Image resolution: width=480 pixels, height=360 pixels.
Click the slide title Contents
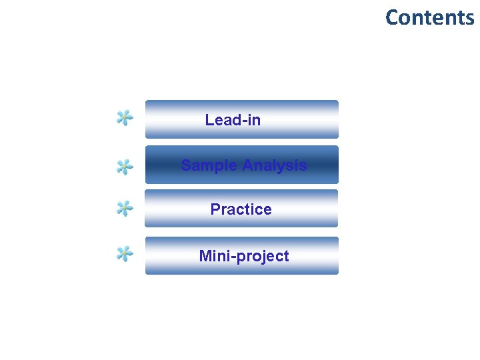(x=429, y=17)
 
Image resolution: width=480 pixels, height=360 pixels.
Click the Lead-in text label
(x=233, y=120)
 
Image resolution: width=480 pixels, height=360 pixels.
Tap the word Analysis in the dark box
(x=275, y=165)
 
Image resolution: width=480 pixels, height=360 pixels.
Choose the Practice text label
(x=241, y=209)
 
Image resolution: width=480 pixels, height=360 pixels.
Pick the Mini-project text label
(x=244, y=256)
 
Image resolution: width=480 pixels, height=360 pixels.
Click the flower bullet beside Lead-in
(x=124, y=119)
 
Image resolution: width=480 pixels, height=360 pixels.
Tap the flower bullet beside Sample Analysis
(x=124, y=167)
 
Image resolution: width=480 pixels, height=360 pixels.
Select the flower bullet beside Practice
(x=124, y=209)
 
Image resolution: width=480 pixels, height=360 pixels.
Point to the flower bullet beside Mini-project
(x=124, y=253)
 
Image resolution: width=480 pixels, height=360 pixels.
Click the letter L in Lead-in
(x=209, y=120)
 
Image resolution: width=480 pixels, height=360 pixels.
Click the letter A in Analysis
(x=247, y=165)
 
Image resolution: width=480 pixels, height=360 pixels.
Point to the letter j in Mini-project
(x=261, y=257)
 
